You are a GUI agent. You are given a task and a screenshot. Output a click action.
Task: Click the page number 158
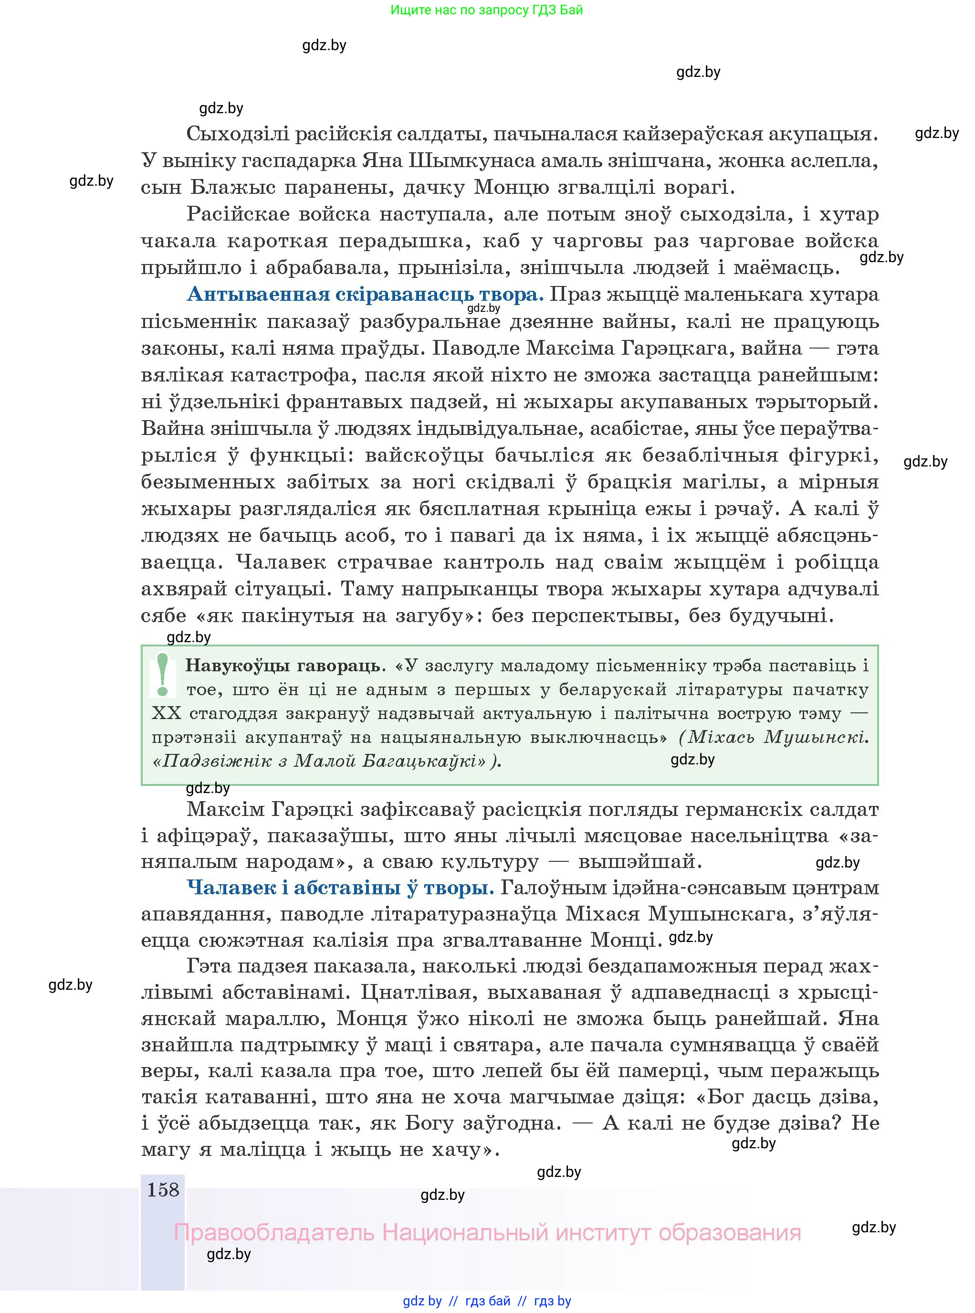tap(162, 1190)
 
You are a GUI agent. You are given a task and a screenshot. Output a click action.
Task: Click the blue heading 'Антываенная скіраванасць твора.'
tap(365, 295)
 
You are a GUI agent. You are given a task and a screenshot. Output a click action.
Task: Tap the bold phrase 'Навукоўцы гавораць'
tap(282, 666)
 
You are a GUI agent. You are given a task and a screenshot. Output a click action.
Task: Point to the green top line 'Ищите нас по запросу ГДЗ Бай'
tap(486, 10)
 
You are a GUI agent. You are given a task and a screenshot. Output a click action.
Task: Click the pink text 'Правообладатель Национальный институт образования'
tap(487, 1232)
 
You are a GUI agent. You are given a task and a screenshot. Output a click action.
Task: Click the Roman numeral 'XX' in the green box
tap(167, 714)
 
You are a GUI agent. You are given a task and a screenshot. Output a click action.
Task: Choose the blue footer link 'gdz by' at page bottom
tap(422, 1301)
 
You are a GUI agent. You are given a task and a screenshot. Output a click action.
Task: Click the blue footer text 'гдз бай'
tap(488, 1301)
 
